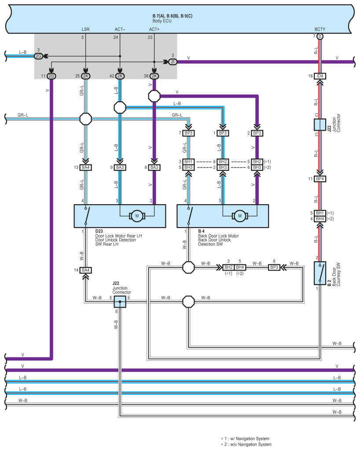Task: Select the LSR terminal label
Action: pos(85,29)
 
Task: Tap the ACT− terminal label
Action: pos(120,29)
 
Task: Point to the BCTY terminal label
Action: pos(320,29)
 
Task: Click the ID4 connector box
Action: pos(320,76)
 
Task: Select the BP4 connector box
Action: pos(320,179)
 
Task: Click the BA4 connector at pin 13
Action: pos(85,167)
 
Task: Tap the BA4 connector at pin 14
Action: pos(85,270)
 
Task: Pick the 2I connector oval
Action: pos(173,62)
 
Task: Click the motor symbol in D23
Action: pos(137,216)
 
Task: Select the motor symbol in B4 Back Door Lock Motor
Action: pos(239,216)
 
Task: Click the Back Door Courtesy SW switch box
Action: pos(320,272)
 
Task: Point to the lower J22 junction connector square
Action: pos(120,301)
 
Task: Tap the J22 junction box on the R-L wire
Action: pos(320,125)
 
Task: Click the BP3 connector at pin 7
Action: pos(188,133)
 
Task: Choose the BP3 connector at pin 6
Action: pos(274,267)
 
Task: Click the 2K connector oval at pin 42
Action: pos(120,76)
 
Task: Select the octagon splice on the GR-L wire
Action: pos(85,119)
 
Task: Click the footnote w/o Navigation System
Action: pos(246,444)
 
